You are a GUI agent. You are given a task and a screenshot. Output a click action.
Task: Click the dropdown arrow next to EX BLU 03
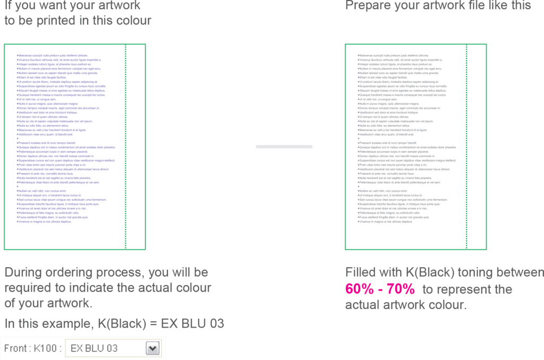point(153,348)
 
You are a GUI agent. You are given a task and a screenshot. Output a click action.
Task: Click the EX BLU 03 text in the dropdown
point(94,348)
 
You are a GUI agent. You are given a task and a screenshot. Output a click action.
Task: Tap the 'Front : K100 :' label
point(33,348)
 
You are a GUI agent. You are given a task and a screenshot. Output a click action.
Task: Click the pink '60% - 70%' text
point(380,289)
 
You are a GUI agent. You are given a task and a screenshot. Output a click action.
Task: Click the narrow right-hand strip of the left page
point(135,146)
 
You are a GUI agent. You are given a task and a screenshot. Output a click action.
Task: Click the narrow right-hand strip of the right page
point(477,146)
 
